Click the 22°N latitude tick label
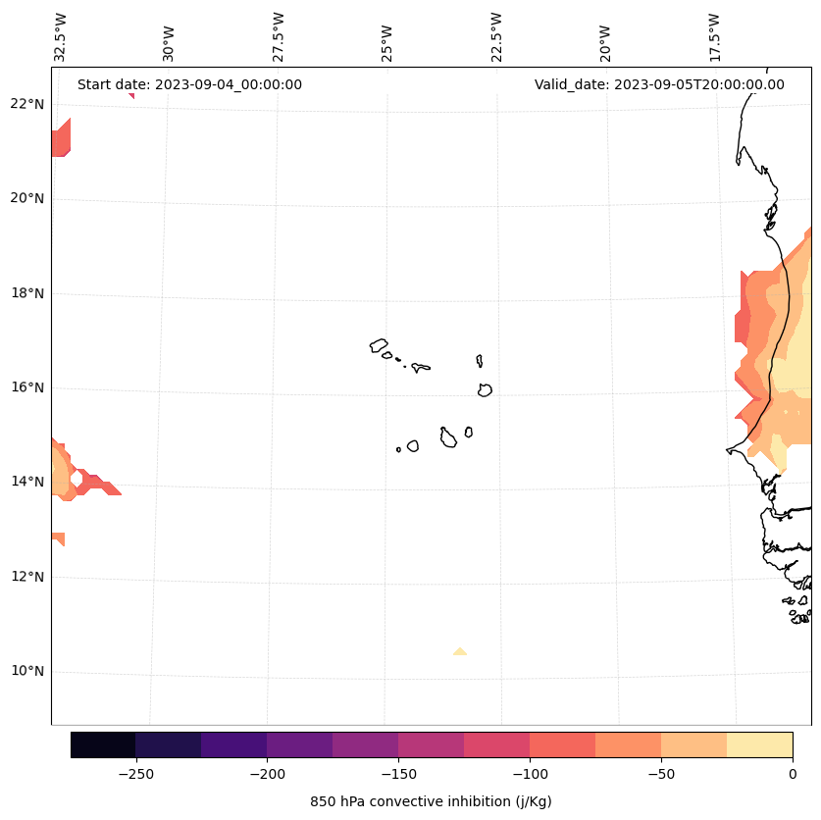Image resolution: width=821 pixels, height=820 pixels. click(x=27, y=104)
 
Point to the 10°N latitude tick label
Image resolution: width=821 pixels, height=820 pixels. click(x=27, y=672)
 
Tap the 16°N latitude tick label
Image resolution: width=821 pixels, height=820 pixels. click(x=27, y=387)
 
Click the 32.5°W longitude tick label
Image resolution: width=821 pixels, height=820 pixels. click(x=61, y=36)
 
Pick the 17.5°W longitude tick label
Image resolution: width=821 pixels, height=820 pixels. click(x=714, y=36)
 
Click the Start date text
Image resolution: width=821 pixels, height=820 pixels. click(x=189, y=84)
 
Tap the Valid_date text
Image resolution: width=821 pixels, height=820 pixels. click(x=659, y=84)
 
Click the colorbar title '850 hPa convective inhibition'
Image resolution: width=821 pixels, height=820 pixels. click(x=431, y=801)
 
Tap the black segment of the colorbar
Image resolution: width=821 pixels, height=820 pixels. click(x=103, y=744)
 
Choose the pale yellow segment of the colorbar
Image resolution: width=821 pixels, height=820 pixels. click(x=759, y=744)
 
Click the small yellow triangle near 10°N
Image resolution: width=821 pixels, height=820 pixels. click(x=459, y=651)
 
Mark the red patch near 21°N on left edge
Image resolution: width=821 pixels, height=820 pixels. click(x=60, y=139)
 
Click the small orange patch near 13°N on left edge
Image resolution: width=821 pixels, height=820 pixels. click(x=57, y=538)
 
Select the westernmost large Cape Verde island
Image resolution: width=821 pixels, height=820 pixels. click(x=379, y=345)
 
